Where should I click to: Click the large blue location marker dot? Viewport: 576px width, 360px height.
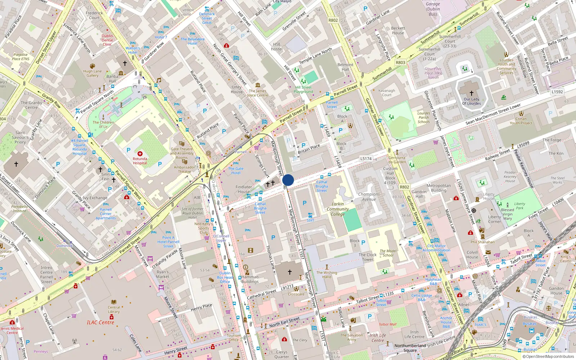pyautogui.click(x=288, y=180)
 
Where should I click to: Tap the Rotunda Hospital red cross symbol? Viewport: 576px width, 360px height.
pyautogui.click(x=140, y=154)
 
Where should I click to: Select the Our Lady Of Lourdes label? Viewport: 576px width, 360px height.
pyautogui.click(x=471, y=101)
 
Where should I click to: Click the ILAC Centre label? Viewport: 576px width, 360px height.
pyautogui.click(x=100, y=323)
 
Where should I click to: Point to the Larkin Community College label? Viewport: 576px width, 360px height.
pyautogui.click(x=338, y=209)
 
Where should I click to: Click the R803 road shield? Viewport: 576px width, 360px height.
pyautogui.click(x=400, y=62)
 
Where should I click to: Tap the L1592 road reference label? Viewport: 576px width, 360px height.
pyautogui.click(x=557, y=92)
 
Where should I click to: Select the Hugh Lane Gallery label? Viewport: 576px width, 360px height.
pyautogui.click(x=93, y=73)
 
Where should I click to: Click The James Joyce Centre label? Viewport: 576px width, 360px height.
pyautogui.click(x=258, y=93)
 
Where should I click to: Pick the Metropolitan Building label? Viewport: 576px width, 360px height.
pyautogui.click(x=438, y=188)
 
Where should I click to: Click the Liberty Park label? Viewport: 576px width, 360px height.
pyautogui.click(x=519, y=206)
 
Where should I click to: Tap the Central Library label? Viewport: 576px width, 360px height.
pyautogui.click(x=114, y=310)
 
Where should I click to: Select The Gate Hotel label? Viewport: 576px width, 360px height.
pyautogui.click(x=236, y=171)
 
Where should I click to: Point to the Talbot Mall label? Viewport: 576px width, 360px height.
pyautogui.click(x=387, y=324)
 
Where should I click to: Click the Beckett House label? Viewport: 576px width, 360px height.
pyautogui.click(x=398, y=31)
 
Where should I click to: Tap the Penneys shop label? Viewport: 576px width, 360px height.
pyautogui.click(x=41, y=351)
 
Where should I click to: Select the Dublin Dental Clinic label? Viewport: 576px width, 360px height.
pyautogui.click(x=107, y=40)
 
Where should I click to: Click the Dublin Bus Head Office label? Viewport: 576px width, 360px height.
pyautogui.click(x=225, y=277)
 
